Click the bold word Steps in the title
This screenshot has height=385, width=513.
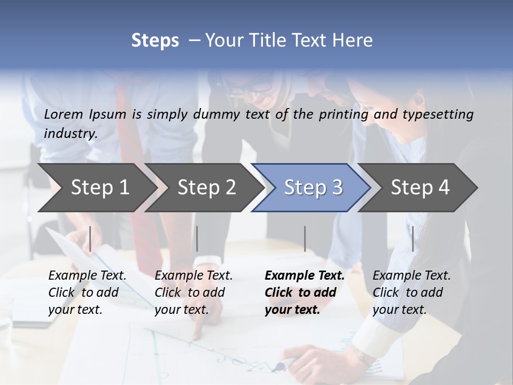(155, 41)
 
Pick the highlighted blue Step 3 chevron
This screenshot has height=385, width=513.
(313, 187)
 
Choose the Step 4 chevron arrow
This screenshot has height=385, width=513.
(420, 187)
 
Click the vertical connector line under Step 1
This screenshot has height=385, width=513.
(90, 238)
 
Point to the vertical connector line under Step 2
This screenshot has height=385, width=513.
(197, 238)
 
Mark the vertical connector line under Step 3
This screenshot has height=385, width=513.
(305, 238)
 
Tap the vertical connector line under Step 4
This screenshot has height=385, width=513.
(413, 238)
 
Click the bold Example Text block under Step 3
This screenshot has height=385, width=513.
(305, 292)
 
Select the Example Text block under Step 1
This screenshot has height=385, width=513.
(87, 292)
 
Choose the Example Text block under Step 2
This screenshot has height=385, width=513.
(193, 292)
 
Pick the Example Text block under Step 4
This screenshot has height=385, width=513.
(411, 292)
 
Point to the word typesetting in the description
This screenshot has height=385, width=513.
(439, 114)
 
